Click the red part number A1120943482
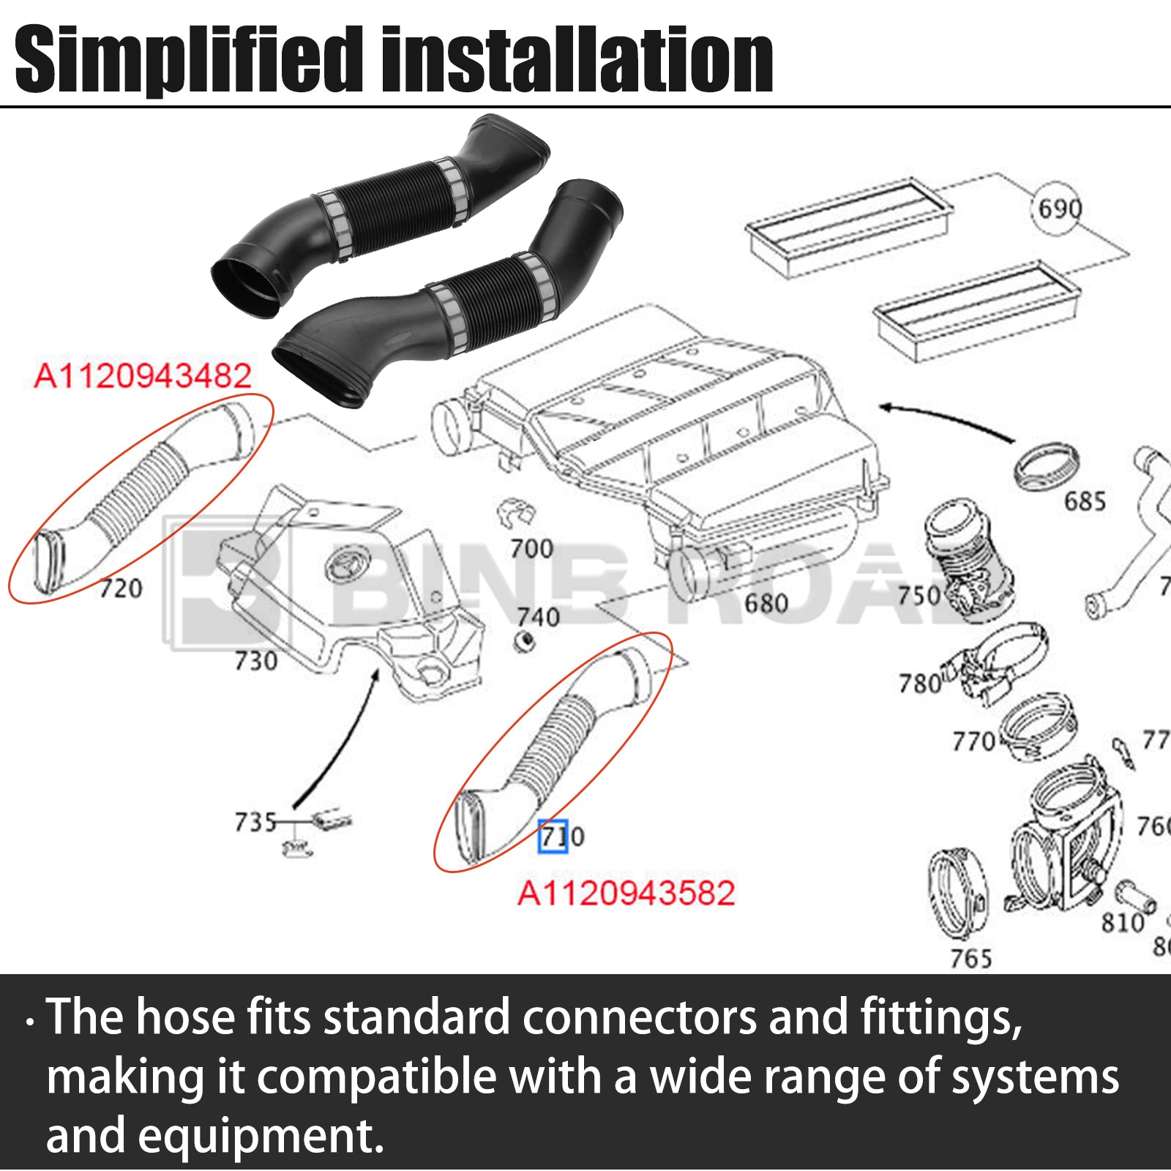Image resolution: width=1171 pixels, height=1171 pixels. coord(143,376)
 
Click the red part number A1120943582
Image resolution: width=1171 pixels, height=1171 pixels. coord(626,894)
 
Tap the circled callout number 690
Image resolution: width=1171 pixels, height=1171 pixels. coord(1059,209)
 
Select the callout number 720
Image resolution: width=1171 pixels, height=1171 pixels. coord(121,588)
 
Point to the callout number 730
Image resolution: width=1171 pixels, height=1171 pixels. coord(255,661)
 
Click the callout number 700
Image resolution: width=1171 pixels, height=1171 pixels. coord(531,548)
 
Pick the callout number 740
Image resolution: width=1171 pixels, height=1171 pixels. coord(538,617)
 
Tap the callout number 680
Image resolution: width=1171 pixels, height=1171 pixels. coord(766,604)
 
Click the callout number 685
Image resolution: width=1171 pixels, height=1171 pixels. coord(1085,501)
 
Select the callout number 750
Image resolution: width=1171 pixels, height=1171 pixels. coord(919,595)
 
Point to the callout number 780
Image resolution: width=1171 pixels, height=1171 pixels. coord(920,684)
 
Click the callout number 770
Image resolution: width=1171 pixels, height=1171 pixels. coord(973,741)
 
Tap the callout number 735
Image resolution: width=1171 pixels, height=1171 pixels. coord(255,822)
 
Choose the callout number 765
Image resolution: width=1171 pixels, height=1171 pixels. coord(970,958)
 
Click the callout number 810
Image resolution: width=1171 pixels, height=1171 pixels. coord(1123,923)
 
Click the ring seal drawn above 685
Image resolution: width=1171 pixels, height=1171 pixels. coord(1047,466)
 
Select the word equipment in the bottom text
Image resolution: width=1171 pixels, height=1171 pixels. coord(260,1137)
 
